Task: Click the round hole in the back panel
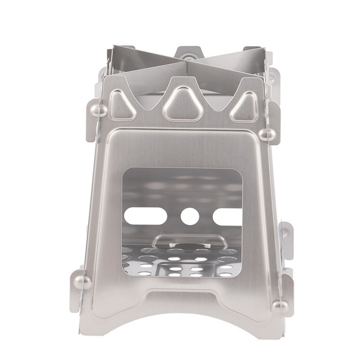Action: pyautogui.click(x=190, y=216)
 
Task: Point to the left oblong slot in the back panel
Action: pyautogui.click(x=144, y=216)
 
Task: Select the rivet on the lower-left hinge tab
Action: pyautogui.click(x=82, y=282)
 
